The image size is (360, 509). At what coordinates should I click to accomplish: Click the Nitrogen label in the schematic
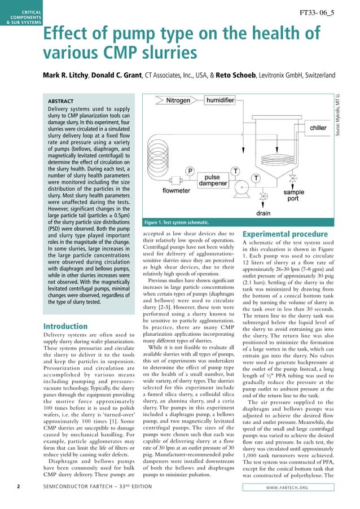click(x=178, y=100)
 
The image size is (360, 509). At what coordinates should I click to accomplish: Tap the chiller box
click(x=318, y=128)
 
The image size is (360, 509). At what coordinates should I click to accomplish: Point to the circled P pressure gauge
click(x=190, y=170)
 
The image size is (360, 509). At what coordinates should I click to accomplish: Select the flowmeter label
click(x=176, y=191)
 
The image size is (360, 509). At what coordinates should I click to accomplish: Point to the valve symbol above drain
click(x=263, y=198)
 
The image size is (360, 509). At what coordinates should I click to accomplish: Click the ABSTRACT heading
click(x=65, y=101)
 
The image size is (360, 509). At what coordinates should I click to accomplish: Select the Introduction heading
click(x=65, y=326)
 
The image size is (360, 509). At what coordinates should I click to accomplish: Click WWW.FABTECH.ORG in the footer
click(x=292, y=499)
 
